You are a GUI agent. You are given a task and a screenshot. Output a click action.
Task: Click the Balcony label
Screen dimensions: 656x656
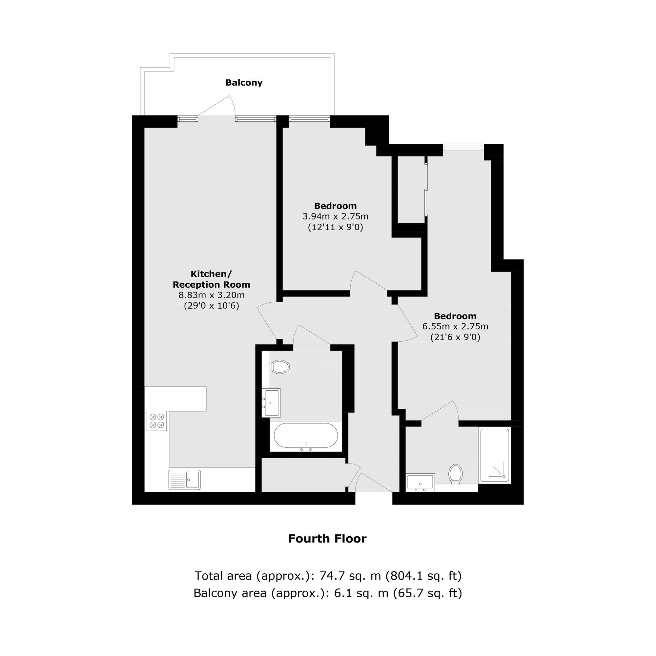244,83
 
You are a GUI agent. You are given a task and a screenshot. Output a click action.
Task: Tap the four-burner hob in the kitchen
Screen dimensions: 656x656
157,421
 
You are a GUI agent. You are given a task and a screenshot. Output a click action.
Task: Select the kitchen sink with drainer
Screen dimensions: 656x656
185,480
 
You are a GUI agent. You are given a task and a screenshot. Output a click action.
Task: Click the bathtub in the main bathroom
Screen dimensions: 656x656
306,437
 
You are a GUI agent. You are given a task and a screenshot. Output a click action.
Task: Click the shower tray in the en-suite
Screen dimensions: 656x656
495,456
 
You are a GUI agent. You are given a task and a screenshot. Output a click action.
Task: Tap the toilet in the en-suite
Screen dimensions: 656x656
456,474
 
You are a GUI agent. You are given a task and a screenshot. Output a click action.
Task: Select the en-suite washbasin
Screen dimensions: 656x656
420,482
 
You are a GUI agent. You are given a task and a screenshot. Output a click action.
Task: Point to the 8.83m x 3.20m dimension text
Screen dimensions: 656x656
212,295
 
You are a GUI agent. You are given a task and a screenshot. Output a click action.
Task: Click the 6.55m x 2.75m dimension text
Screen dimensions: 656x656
455,327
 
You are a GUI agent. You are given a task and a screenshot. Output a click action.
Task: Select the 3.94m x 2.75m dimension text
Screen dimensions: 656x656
336,216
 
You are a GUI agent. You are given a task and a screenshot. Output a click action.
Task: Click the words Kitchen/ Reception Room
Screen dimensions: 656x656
212,279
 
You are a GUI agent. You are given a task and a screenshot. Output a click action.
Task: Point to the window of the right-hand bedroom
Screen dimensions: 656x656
463,147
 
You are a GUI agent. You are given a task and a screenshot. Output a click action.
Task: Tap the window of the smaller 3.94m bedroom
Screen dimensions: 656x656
309,118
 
